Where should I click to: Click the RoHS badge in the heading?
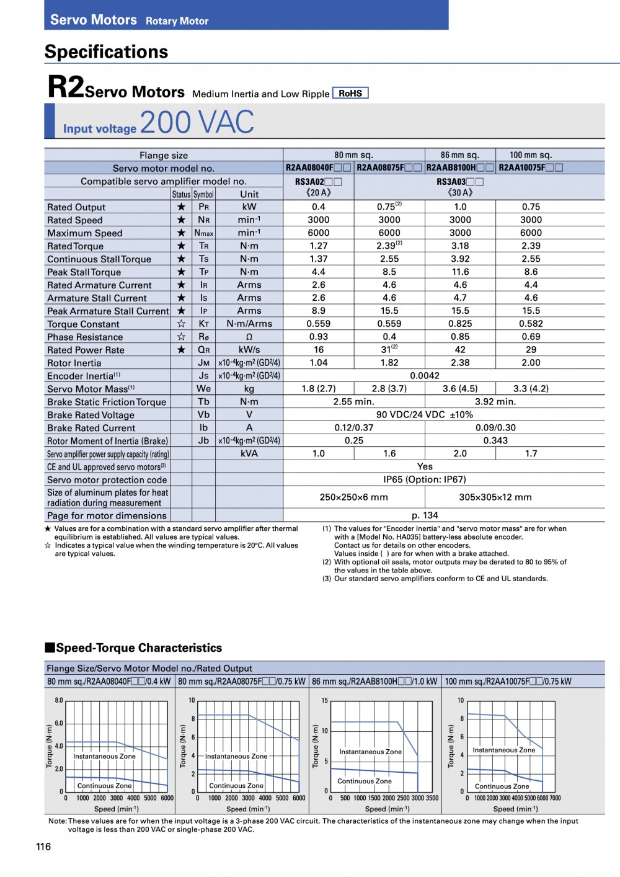(350, 93)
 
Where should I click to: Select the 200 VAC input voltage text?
(197, 122)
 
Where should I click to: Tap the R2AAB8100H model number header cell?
(459, 167)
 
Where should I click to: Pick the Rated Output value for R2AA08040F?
(319, 207)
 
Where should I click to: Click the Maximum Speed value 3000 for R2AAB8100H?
(460, 233)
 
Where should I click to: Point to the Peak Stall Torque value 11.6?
(460, 272)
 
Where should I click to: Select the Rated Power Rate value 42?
(460, 350)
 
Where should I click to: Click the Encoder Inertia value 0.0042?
(425, 376)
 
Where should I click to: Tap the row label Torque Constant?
(83, 324)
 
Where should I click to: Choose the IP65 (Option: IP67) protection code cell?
(425, 479)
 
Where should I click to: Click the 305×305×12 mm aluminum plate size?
(495, 497)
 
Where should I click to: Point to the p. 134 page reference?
(425, 515)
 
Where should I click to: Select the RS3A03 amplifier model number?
(459, 182)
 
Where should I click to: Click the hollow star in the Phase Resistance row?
(181, 337)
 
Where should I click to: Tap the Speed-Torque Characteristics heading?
(138, 648)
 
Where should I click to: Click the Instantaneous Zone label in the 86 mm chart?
(370, 752)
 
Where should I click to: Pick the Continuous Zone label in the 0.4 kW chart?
(104, 786)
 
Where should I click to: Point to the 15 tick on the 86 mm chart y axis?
(324, 701)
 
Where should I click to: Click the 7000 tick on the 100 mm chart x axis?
(555, 798)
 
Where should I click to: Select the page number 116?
(43, 847)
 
